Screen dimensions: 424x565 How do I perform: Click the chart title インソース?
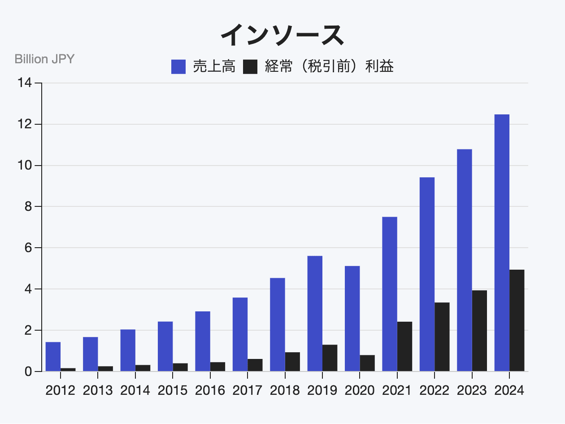click(282, 35)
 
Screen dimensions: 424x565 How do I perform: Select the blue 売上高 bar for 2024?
click(502, 243)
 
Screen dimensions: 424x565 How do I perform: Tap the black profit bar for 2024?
click(517, 320)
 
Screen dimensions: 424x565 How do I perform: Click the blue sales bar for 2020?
click(352, 319)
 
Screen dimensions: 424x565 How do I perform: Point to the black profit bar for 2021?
click(404, 346)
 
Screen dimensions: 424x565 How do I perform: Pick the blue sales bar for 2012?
click(53, 356)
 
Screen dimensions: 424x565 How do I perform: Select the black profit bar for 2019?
click(330, 358)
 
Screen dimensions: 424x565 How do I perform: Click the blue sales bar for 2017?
click(240, 334)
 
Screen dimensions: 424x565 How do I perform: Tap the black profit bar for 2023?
click(479, 331)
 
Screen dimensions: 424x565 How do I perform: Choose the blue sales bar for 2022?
click(427, 274)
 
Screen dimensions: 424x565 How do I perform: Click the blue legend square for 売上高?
click(178, 67)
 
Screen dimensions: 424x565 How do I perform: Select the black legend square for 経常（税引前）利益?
click(250, 67)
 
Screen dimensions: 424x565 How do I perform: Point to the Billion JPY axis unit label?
click(44, 59)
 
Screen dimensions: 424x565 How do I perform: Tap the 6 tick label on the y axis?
click(28, 248)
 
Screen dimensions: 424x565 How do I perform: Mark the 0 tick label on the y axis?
click(28, 372)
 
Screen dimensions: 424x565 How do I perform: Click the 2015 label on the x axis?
click(173, 390)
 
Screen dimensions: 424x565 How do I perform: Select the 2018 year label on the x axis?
click(285, 390)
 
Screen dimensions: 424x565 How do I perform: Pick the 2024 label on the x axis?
click(509, 390)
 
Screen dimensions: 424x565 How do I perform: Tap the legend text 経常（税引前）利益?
click(329, 67)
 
